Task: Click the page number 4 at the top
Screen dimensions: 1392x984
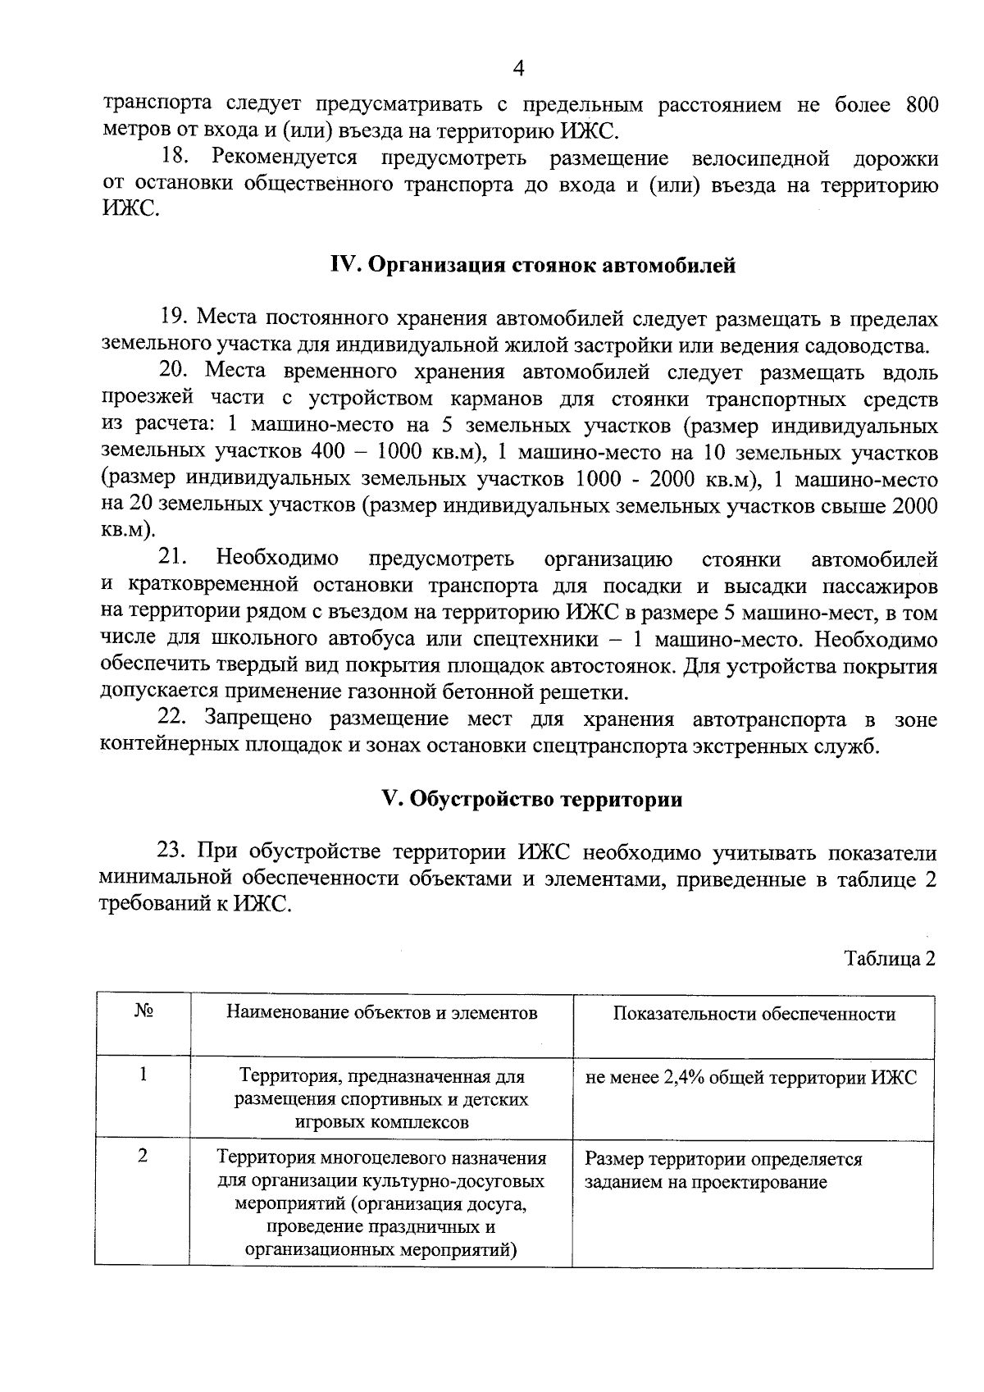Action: (x=517, y=69)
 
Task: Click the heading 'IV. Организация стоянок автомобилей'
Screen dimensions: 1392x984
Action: (x=532, y=266)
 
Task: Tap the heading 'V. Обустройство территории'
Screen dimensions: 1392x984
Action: (x=532, y=799)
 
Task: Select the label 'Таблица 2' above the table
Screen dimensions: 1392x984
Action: (x=891, y=959)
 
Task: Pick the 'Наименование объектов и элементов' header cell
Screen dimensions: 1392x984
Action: (x=381, y=1012)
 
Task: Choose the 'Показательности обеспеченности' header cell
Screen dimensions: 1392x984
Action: (x=754, y=1014)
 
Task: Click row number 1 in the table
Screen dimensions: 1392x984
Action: (x=143, y=1075)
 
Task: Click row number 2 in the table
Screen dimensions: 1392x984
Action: (x=143, y=1156)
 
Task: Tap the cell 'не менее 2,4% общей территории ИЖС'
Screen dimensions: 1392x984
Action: (x=751, y=1078)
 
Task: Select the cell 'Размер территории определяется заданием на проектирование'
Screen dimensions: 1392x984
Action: (x=723, y=1171)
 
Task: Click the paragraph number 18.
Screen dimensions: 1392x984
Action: (x=175, y=157)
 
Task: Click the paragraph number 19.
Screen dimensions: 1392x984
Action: (x=174, y=317)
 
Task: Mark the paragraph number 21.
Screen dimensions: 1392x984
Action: (x=174, y=559)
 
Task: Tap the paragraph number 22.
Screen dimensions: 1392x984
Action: (x=174, y=719)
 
